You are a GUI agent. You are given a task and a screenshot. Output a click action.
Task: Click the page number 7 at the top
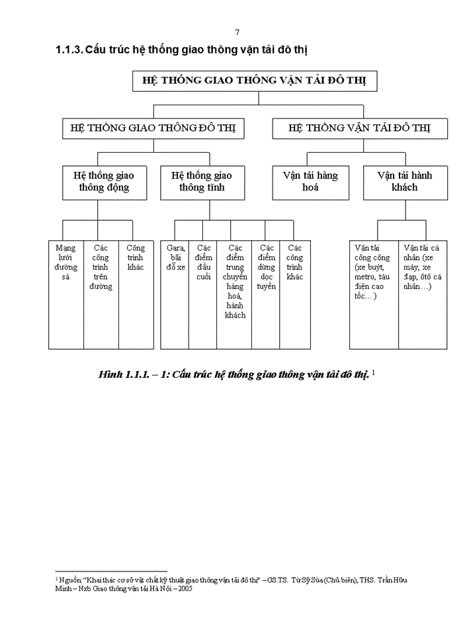coord(237,32)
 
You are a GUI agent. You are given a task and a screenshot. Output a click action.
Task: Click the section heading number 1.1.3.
coord(69,50)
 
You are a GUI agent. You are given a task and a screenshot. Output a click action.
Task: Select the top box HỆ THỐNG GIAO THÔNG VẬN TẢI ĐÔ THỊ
coord(255,81)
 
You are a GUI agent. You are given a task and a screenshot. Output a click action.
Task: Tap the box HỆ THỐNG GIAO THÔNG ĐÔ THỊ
coord(153,128)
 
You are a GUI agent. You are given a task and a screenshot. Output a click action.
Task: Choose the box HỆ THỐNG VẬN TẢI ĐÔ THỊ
coord(359,128)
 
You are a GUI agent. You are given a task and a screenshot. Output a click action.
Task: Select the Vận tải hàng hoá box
coord(310,182)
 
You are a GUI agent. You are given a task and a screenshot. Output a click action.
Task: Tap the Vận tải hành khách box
coord(398,182)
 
